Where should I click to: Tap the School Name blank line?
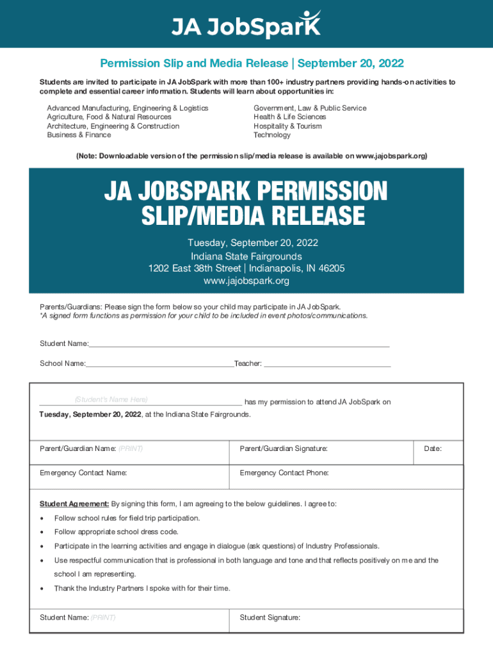pyautogui.click(x=160, y=364)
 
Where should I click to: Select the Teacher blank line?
pyautogui.click(x=327, y=364)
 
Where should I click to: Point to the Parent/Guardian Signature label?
pyautogui.click(x=284, y=449)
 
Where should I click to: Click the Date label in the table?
pyautogui.click(x=433, y=449)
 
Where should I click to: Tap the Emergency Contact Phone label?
pyautogui.click(x=284, y=473)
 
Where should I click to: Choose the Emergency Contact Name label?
pyautogui.click(x=83, y=473)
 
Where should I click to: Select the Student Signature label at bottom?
pyautogui.click(x=270, y=618)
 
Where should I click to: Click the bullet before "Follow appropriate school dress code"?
pyautogui.click(x=42, y=532)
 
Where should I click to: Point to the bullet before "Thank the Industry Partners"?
pyautogui.click(x=42, y=589)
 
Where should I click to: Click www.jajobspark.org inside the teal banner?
pyautogui.click(x=247, y=281)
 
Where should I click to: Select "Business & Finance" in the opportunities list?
pyautogui.click(x=79, y=135)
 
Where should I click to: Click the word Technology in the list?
pyautogui.click(x=272, y=135)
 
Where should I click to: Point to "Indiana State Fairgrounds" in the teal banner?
pyautogui.click(x=247, y=256)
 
